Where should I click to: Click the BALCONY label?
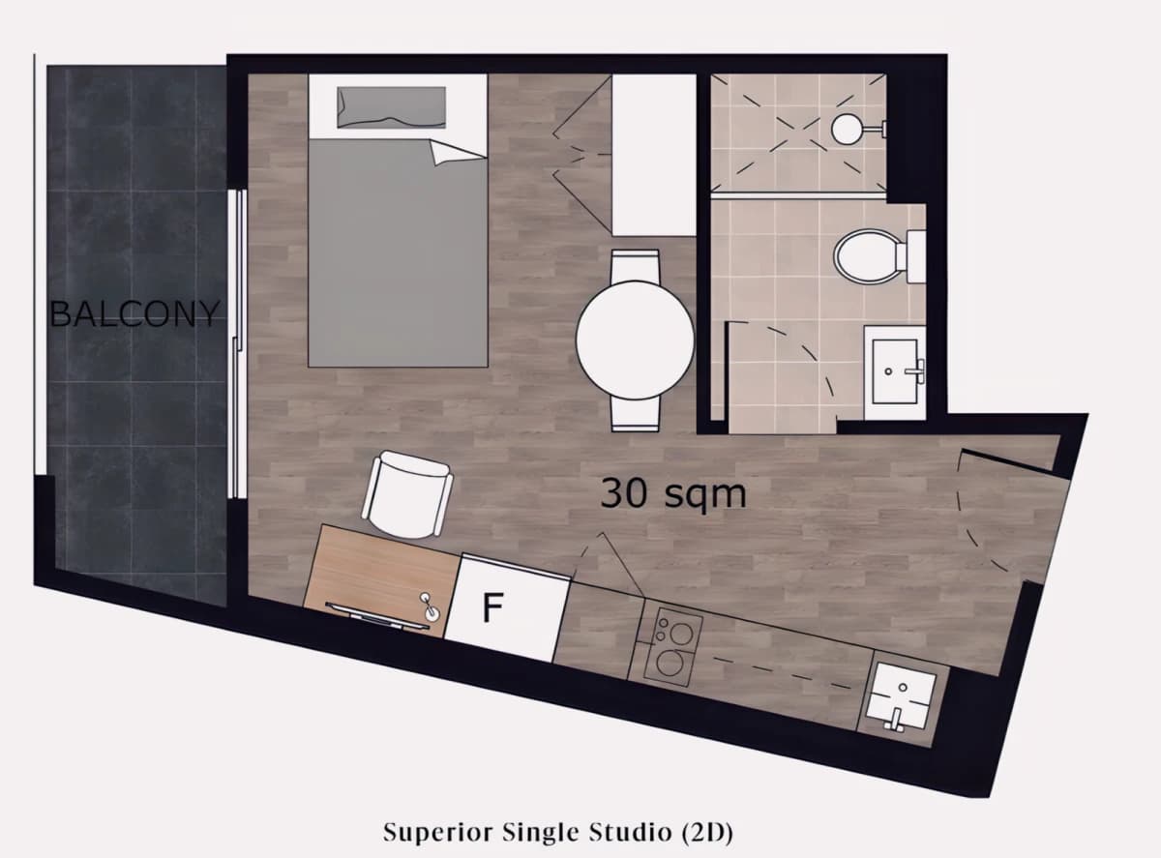click(134, 313)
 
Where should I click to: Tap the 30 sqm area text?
click(673, 493)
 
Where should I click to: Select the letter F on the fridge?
click(492, 607)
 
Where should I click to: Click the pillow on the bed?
click(392, 107)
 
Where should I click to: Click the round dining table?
click(635, 340)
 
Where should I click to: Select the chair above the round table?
click(635, 266)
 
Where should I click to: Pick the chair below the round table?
click(635, 415)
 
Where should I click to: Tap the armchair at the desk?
click(407, 494)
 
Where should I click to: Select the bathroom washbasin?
click(895, 371)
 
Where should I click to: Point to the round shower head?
click(847, 130)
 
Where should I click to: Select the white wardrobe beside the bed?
click(654, 155)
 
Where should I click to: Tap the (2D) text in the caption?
click(707, 832)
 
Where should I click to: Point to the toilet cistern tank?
click(916, 256)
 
